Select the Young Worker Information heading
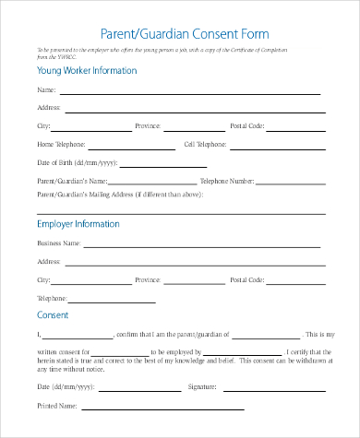88,70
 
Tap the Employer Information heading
78,224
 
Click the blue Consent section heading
53,315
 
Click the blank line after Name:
189,92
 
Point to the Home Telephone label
61,145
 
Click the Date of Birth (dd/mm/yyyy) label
76,162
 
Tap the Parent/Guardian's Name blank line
153,182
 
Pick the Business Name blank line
203,245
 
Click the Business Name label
58,243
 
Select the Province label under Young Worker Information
148,125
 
